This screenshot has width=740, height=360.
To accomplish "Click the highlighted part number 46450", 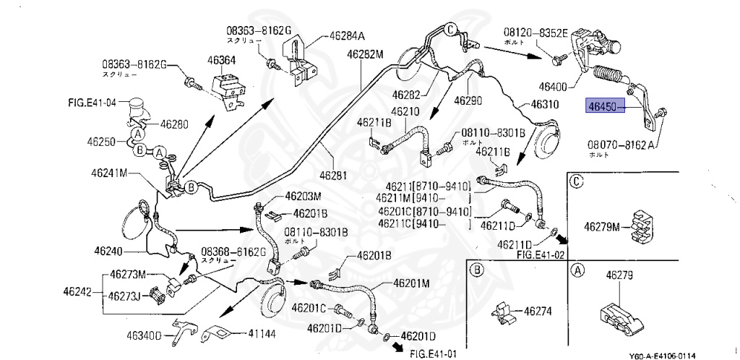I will (x=602, y=107).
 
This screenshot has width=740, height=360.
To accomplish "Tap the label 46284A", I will (x=348, y=35).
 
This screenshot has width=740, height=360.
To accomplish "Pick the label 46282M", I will (x=364, y=53).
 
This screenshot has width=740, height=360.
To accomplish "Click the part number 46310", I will (x=545, y=104).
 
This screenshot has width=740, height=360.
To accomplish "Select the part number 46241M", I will (x=109, y=173).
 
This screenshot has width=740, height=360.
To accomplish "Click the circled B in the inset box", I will (x=476, y=270).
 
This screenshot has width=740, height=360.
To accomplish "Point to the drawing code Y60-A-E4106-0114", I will (x=662, y=354).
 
